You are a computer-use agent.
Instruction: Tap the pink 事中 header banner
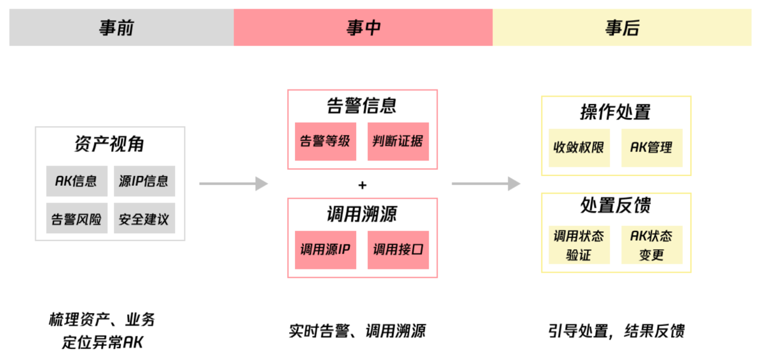click(x=363, y=28)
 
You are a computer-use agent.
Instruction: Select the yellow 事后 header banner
click(x=622, y=28)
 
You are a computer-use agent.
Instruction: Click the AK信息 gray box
click(x=76, y=181)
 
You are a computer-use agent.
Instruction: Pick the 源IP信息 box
click(x=144, y=181)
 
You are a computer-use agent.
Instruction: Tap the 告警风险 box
click(x=76, y=218)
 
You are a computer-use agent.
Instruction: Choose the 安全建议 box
click(x=144, y=218)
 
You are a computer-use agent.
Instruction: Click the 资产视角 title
click(x=109, y=144)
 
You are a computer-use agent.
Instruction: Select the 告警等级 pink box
click(x=325, y=142)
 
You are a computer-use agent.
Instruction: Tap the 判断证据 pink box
click(x=398, y=142)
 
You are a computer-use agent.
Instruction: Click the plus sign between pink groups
click(x=362, y=185)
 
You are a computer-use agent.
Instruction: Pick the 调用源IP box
click(x=325, y=250)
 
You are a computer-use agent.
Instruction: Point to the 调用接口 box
click(x=398, y=250)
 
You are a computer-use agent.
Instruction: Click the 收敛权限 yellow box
click(x=578, y=148)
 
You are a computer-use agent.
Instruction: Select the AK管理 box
click(x=651, y=148)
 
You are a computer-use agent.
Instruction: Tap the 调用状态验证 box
click(x=578, y=245)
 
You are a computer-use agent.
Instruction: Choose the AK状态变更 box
click(x=651, y=245)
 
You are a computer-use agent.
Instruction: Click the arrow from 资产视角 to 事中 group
click(x=233, y=184)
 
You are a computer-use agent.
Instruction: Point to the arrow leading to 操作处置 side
click(x=486, y=184)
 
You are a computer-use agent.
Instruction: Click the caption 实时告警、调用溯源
click(x=357, y=331)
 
